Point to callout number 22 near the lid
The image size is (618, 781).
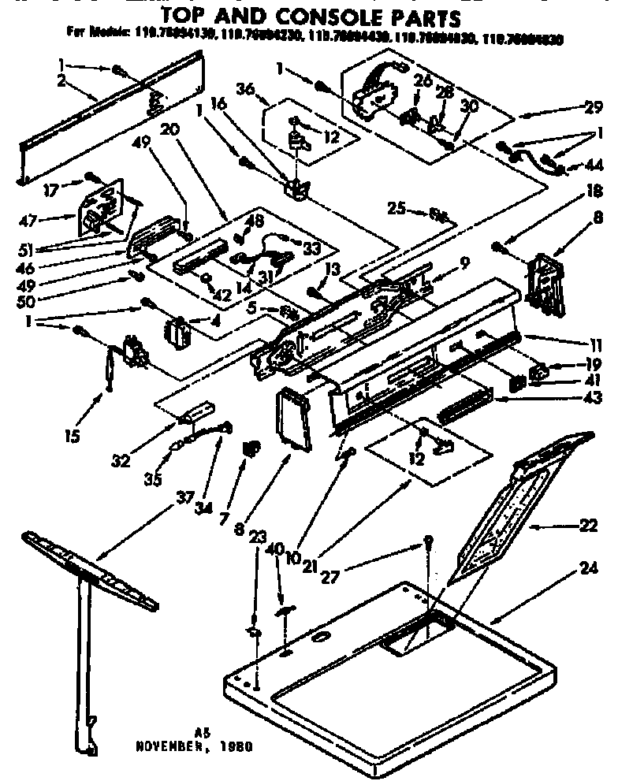pos(588,525)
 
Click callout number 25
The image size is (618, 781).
pos(397,208)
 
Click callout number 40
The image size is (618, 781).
pos(274,549)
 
